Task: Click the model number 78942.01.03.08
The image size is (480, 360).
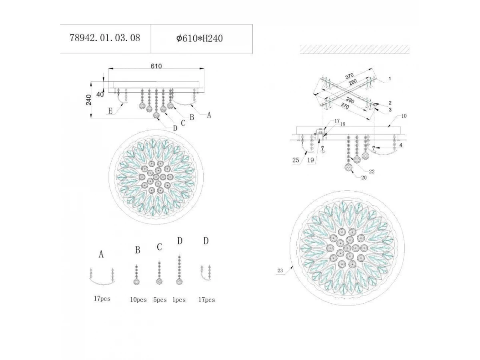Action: tap(105, 38)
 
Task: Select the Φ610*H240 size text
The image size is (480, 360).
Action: tap(200, 38)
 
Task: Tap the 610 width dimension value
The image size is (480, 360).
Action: tap(156, 66)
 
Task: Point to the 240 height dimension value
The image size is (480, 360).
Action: tap(88, 100)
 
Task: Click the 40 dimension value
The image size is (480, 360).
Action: tap(100, 94)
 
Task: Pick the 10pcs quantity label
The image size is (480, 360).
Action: tap(138, 300)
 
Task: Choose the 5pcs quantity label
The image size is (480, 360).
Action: tap(160, 300)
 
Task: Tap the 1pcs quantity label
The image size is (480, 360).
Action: tap(179, 300)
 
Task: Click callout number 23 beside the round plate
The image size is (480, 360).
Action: tap(280, 271)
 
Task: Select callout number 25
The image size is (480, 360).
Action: tap(296, 160)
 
